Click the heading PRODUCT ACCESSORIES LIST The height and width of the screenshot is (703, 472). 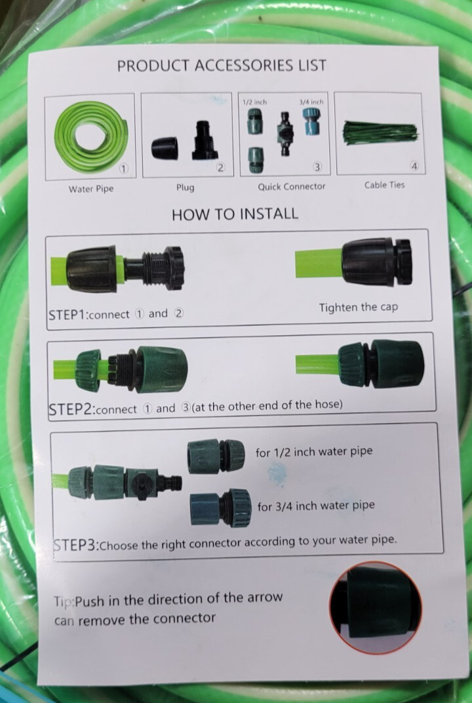point(222,66)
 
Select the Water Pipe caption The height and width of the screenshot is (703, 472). point(91,190)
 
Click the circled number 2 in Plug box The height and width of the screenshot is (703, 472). point(220,168)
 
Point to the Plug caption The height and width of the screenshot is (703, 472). point(185,188)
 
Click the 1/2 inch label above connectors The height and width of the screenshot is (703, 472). point(254,102)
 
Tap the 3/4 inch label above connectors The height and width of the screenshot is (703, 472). point(311,102)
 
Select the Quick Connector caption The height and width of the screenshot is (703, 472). point(291,186)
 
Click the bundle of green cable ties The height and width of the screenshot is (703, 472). point(380,132)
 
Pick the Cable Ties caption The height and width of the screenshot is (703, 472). point(384,185)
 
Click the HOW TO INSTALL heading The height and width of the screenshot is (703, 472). point(235,214)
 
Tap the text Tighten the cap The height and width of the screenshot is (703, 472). point(358,308)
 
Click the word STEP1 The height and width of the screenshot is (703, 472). point(68,315)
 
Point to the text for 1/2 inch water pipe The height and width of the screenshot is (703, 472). point(314,451)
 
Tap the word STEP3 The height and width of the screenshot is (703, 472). point(75,545)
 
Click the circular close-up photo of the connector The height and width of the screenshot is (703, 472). point(376,607)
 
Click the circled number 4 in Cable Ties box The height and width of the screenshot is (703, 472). point(414,167)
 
